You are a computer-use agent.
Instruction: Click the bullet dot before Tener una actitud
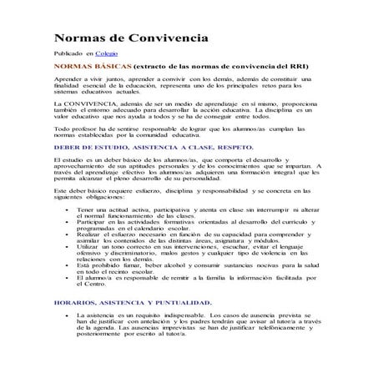coord(66,209)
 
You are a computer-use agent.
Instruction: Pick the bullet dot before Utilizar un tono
coord(66,248)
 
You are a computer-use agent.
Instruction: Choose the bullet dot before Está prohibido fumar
coord(66,265)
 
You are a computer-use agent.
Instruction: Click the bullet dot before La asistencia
coord(66,315)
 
